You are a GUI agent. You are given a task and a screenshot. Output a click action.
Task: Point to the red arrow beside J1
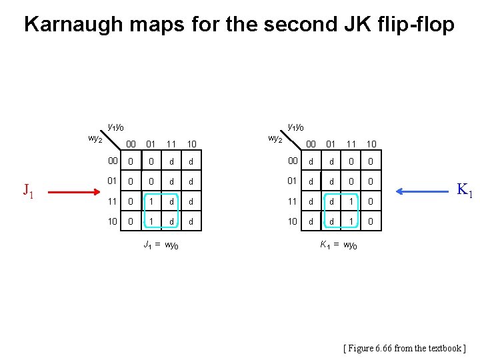(73, 191)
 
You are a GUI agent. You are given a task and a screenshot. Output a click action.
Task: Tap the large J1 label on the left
(27, 191)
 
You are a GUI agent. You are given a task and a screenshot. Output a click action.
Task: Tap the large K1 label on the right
(463, 190)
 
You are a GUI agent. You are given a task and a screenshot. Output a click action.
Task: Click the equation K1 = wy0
(338, 245)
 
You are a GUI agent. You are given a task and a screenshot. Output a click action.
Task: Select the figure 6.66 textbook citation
(404, 348)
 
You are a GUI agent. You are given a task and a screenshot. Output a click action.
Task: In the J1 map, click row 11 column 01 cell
(151, 201)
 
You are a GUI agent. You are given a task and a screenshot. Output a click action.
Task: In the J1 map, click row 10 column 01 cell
(151, 221)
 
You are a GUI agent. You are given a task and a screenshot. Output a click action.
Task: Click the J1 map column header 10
(191, 143)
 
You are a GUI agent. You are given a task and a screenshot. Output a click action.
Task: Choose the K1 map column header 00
(311, 143)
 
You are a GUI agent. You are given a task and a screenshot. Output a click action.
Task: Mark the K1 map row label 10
(293, 221)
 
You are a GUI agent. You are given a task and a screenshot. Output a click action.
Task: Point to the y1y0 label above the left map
(115, 127)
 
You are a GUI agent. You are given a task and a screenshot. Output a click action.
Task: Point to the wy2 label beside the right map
(275, 139)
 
